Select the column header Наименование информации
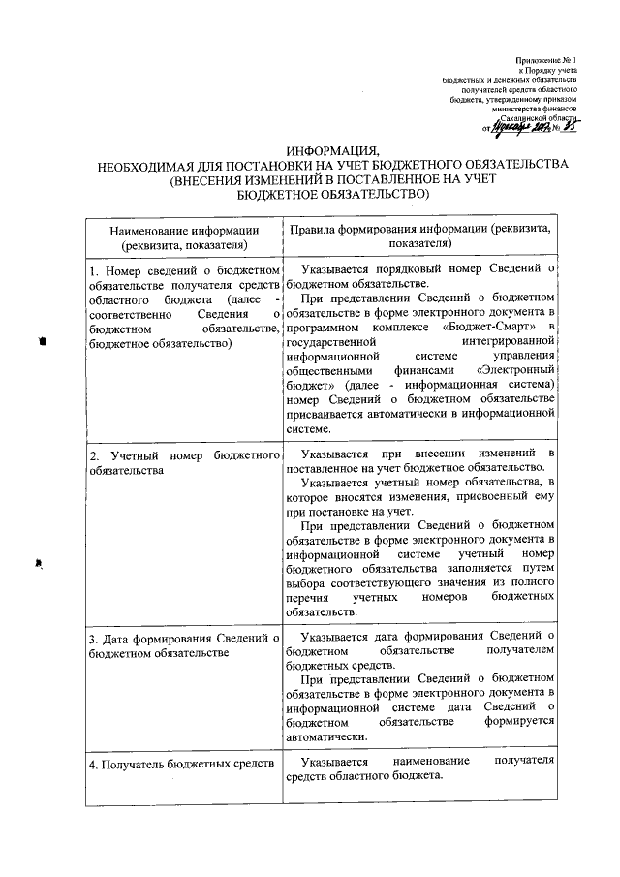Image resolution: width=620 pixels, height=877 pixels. (184, 230)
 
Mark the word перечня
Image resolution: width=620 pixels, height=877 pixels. (310, 597)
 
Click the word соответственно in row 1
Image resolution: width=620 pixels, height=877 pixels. (129, 313)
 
